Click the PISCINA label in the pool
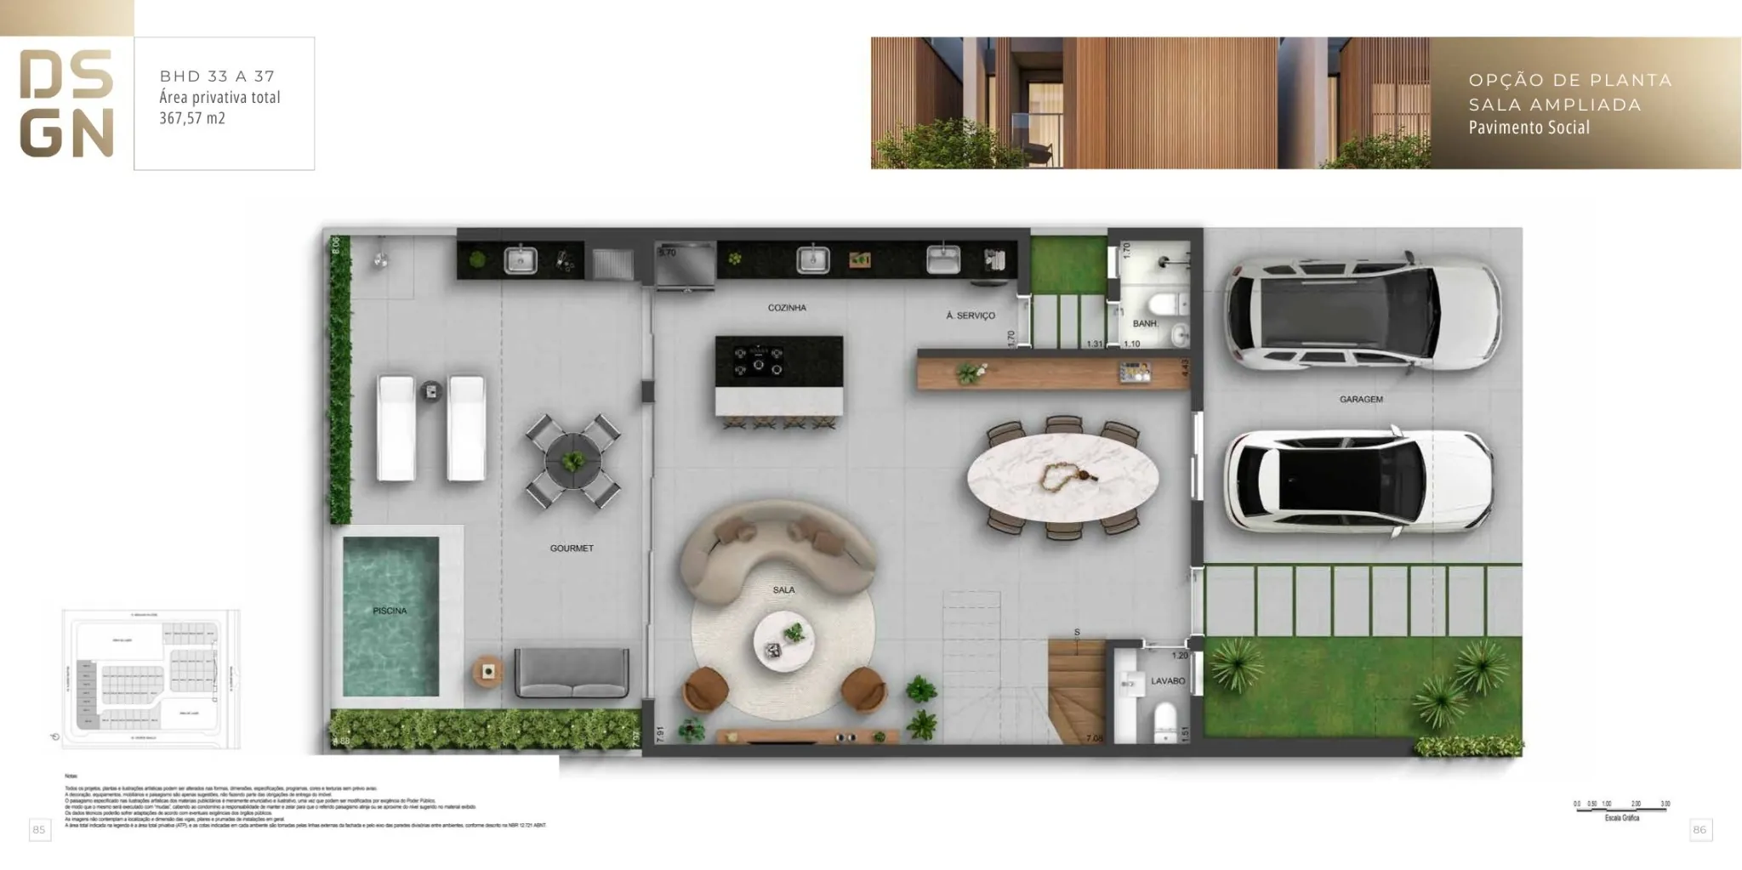390,611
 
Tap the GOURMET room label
572,549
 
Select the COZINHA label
787,308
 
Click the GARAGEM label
1361,400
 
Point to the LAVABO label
1168,681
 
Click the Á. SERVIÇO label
971,316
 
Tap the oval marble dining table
1062,478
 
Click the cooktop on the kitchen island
759,361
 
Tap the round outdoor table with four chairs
572,462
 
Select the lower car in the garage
1358,482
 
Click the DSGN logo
66,104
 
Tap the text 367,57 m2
192,118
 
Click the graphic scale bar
1621,809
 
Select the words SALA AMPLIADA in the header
1555,105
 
